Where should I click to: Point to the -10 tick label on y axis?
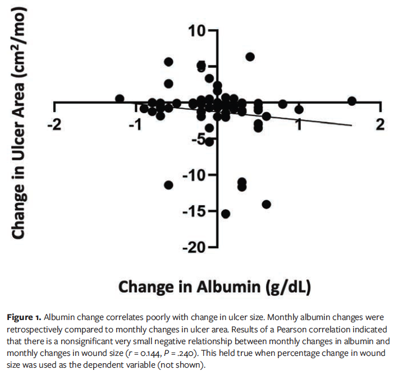(x=194, y=175)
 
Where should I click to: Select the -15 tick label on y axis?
(x=194, y=211)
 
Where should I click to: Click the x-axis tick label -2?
(x=54, y=124)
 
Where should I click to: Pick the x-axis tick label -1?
(x=134, y=124)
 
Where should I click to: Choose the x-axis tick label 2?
(x=380, y=124)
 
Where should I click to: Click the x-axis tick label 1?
(x=299, y=124)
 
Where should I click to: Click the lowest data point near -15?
(x=226, y=214)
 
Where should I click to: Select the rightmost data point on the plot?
(x=352, y=101)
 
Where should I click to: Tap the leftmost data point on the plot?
(x=120, y=99)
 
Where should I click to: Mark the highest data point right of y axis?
(x=250, y=57)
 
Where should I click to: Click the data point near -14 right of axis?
(x=266, y=204)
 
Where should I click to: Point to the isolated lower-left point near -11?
(x=168, y=185)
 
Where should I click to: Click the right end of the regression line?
(x=352, y=125)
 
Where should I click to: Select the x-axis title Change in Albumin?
(x=214, y=286)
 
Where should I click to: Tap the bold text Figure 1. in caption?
(x=24, y=318)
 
